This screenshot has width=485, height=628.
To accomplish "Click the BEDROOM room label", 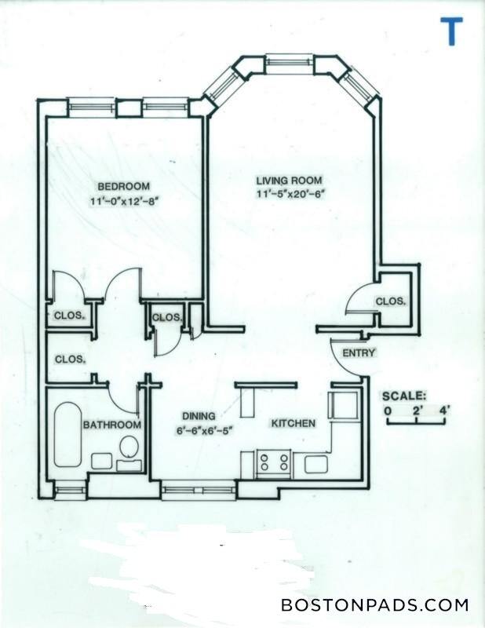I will [123, 186].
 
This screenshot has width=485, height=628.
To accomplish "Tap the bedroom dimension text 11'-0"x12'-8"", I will [126, 201].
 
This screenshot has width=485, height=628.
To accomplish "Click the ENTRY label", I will [359, 352].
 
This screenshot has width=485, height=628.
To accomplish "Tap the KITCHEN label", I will [293, 424].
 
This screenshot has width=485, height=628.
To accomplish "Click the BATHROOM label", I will [112, 425].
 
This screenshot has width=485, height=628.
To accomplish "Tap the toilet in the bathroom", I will [129, 447].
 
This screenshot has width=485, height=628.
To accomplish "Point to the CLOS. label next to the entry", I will [390, 301].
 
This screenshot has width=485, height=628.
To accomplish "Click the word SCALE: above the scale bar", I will [404, 395].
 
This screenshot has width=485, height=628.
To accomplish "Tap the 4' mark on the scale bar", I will [445, 410].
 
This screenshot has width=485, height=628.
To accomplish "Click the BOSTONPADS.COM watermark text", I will [374, 605].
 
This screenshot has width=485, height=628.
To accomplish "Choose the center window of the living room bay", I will [289, 62].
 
